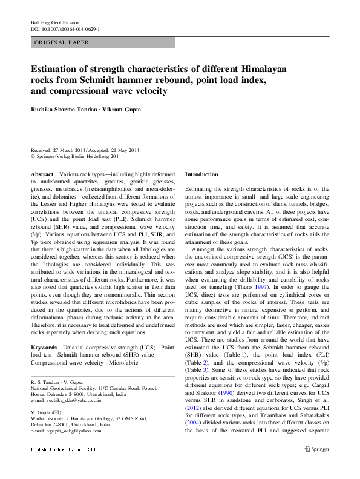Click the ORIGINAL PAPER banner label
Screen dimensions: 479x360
click(x=62, y=42)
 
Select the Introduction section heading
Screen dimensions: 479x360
click(x=201, y=174)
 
